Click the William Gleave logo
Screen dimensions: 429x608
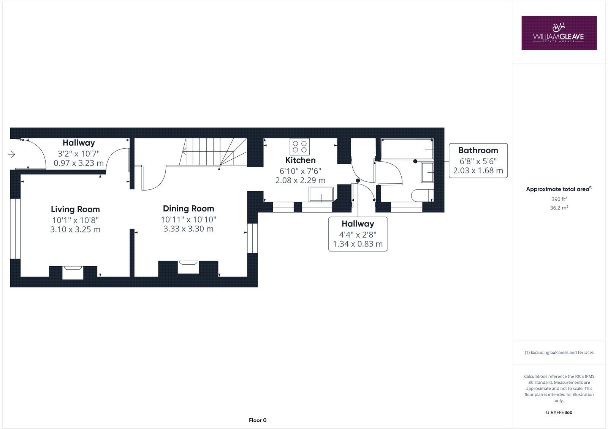(559, 33)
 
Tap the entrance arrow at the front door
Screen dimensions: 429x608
(11, 154)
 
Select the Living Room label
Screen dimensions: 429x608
(75, 209)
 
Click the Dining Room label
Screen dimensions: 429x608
(188, 208)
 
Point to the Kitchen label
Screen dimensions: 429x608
(300, 160)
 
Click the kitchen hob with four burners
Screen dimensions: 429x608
(300, 146)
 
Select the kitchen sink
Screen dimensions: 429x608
(321, 194)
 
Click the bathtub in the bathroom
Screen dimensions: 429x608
(407, 149)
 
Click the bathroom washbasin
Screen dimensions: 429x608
(427, 173)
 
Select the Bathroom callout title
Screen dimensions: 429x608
(478, 150)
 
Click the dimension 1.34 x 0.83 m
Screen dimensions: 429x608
(358, 244)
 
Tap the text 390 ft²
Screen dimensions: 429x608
(559, 199)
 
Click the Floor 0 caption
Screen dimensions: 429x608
(258, 420)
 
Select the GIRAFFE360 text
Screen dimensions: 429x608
(559, 412)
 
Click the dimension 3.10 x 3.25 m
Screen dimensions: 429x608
(75, 229)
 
